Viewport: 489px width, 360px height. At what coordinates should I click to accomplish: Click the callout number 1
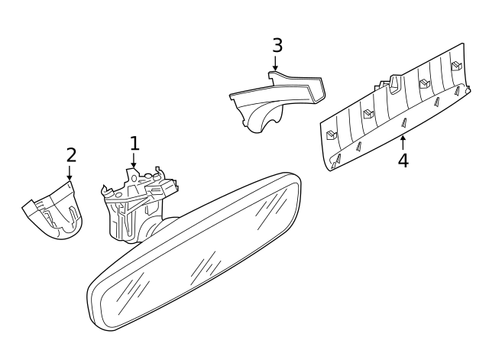(134, 143)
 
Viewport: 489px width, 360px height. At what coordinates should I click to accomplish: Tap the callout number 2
(71, 154)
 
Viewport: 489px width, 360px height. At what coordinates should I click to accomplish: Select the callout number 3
(277, 45)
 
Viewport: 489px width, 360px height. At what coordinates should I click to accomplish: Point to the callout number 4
(403, 161)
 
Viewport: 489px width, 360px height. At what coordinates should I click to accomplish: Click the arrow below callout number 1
(134, 161)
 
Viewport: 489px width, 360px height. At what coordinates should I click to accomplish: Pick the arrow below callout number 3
(277, 64)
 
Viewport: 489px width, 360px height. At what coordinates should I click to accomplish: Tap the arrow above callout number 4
(403, 141)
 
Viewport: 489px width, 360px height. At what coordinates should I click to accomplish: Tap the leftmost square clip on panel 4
(331, 135)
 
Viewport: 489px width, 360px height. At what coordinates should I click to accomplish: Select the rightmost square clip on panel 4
(455, 66)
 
